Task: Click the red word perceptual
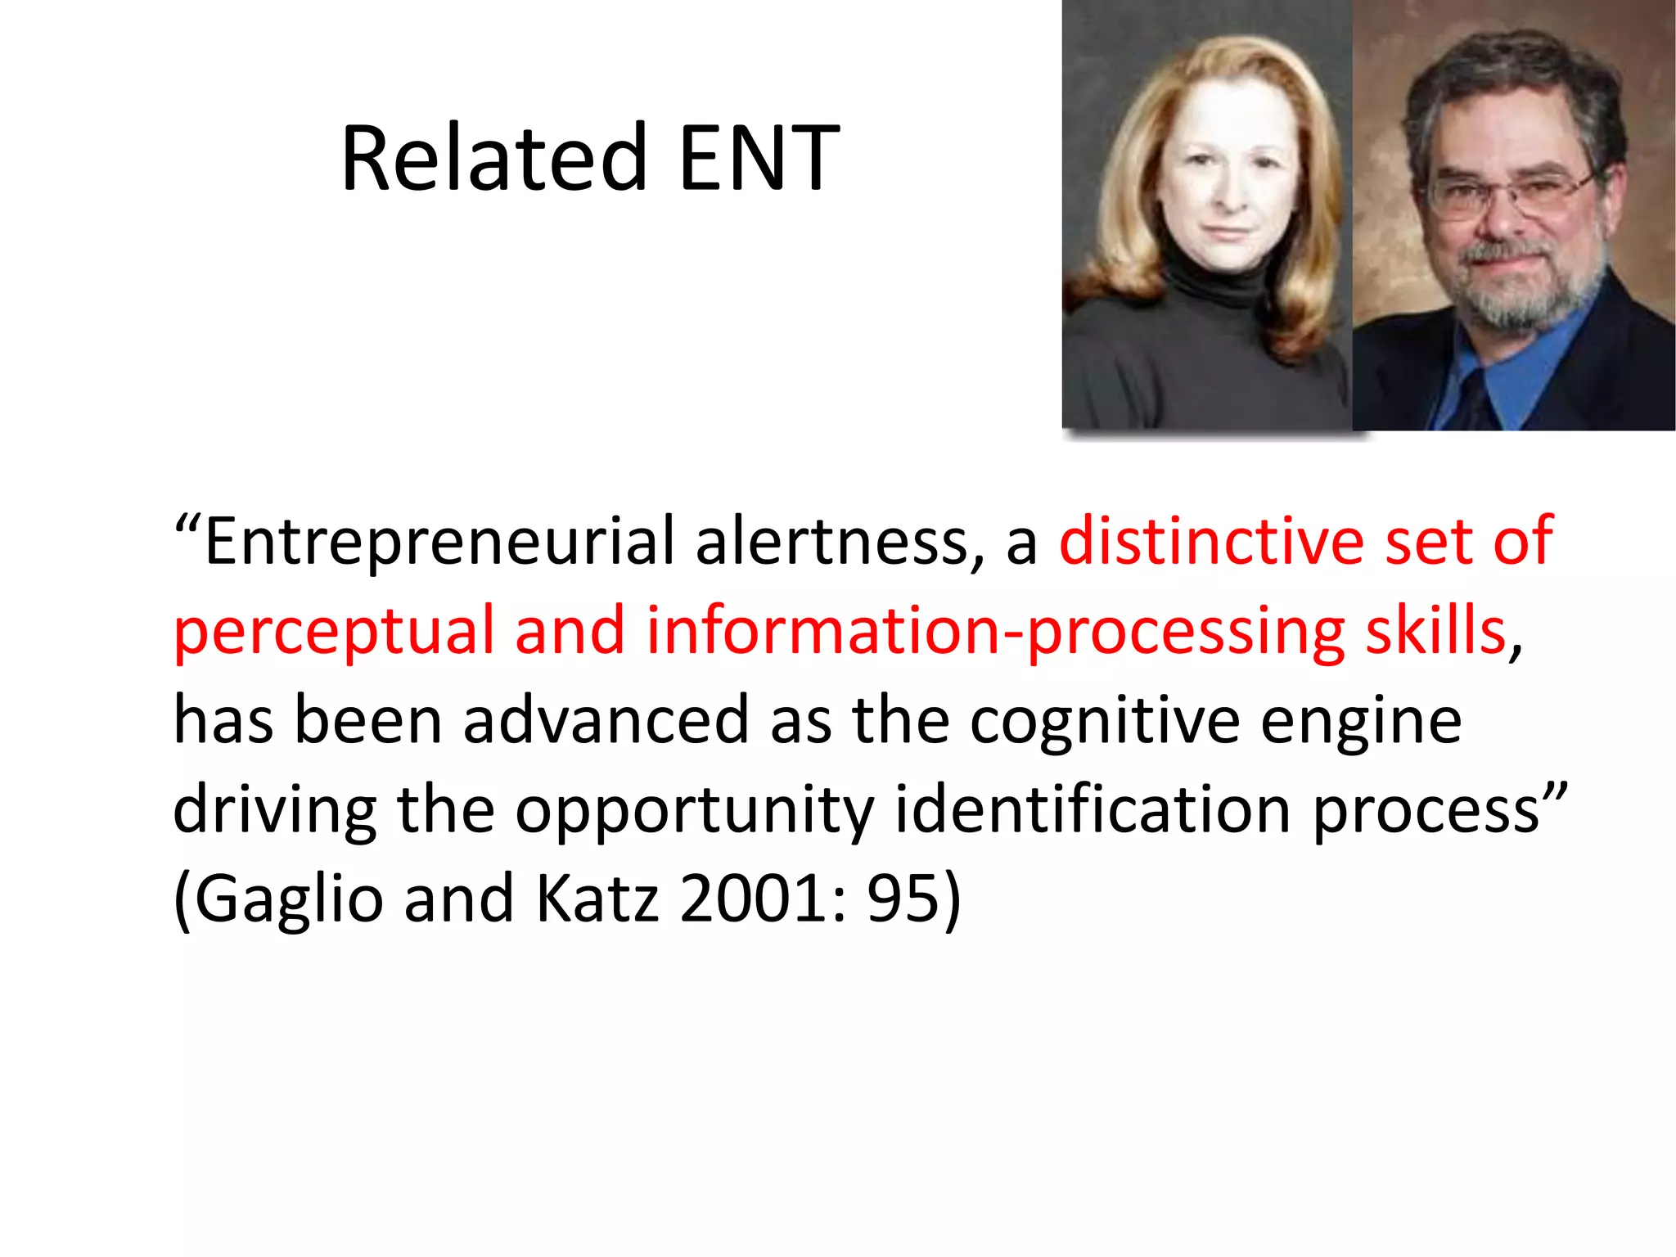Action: click(334, 633)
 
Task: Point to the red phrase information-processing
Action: click(995, 633)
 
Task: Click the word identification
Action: click(1093, 809)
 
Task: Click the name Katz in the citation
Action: click(597, 899)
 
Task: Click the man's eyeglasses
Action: click(1511, 191)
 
